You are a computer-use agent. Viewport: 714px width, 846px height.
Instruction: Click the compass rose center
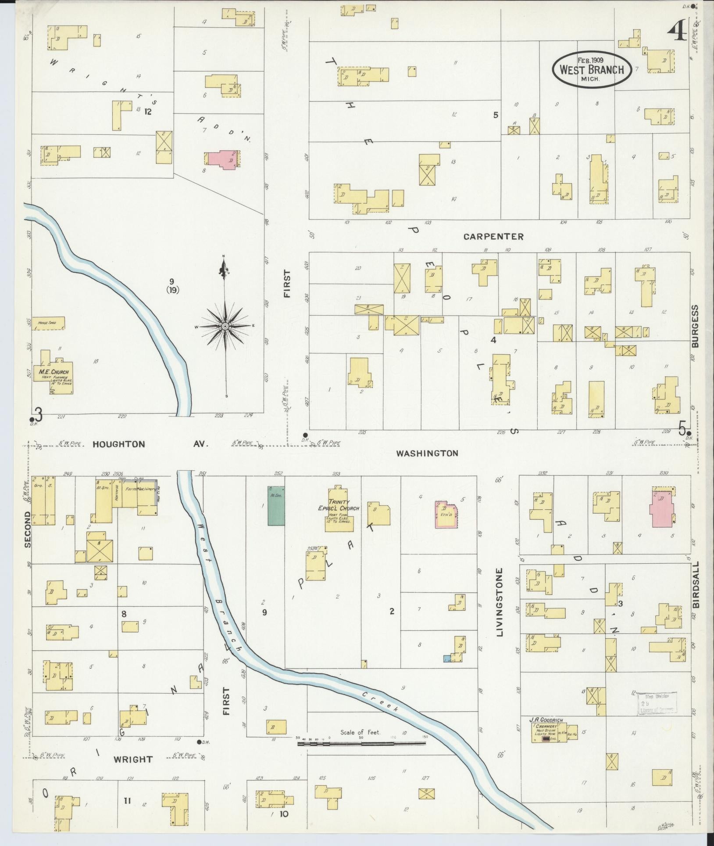click(225, 326)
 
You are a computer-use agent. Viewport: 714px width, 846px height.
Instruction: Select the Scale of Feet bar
click(361, 743)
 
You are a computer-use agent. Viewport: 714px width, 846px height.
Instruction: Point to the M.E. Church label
click(54, 372)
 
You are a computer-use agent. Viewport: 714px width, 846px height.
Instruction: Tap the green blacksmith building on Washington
click(276, 505)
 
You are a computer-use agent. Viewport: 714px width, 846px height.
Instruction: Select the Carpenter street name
click(493, 237)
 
